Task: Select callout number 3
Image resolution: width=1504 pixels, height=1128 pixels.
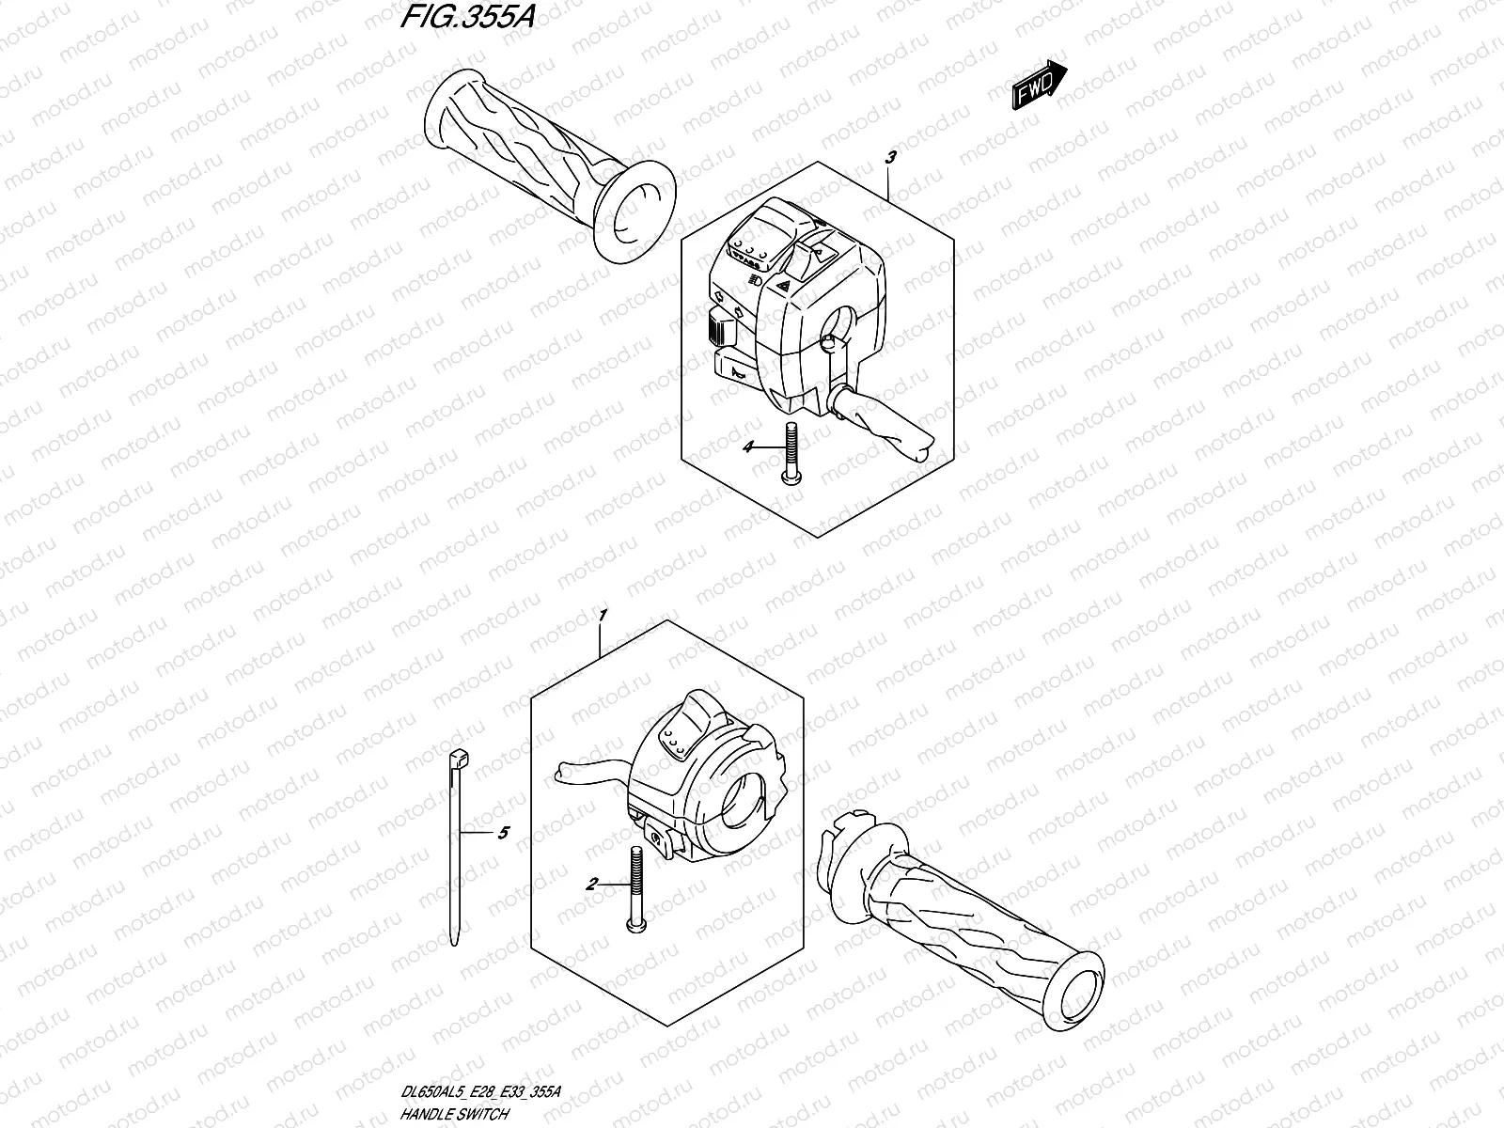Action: tap(891, 158)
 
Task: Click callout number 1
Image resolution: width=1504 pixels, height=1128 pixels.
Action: tap(603, 616)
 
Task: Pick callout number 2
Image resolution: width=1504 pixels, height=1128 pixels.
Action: tap(591, 884)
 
